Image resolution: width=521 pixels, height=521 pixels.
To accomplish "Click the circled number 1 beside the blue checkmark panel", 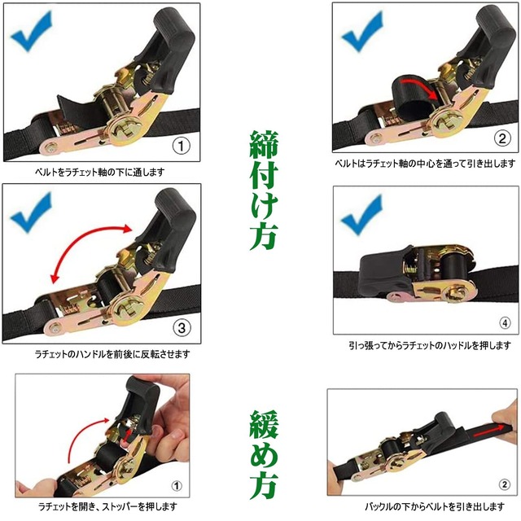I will [181, 147].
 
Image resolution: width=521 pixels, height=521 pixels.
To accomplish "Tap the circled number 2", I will [501, 138].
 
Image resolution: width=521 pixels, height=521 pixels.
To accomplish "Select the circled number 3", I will [182, 329].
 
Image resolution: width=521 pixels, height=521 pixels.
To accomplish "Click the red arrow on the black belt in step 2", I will [414, 88].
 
